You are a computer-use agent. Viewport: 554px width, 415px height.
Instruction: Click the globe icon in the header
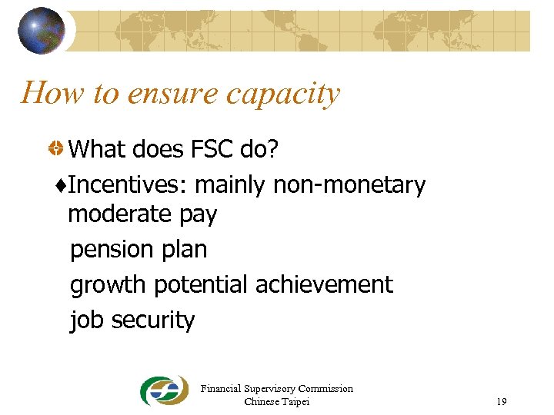coord(42,31)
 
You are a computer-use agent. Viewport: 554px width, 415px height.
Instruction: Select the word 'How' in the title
coord(52,93)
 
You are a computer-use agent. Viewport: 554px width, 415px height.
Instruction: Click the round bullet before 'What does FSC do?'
coord(56,149)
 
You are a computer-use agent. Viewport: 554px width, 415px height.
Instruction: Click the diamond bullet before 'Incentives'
coord(62,185)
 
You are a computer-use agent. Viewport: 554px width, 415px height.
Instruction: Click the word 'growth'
coord(108,285)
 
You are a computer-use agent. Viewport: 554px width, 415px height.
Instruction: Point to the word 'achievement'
coord(324,284)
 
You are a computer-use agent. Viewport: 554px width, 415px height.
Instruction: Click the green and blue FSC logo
coord(163,391)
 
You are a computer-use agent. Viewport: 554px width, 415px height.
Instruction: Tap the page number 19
coord(502,402)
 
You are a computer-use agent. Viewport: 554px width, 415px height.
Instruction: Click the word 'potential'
coord(202,285)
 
